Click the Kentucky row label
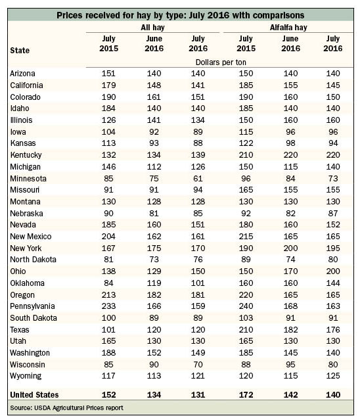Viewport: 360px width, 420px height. [26, 155]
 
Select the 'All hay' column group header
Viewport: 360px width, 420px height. [152, 28]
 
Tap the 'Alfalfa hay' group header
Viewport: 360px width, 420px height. [288, 28]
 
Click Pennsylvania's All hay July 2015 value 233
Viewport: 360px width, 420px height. [108, 306]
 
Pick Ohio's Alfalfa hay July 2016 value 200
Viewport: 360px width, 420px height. [333, 271]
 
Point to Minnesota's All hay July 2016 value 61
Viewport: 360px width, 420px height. [198, 178]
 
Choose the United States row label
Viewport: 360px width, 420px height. [34, 395]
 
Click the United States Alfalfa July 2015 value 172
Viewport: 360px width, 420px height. [246, 395]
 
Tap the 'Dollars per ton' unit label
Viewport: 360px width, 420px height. [221, 62]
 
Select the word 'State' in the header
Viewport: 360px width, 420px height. [20, 51]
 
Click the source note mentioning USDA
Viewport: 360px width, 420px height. [66, 408]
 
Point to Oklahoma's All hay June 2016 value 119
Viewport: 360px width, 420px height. [154, 283]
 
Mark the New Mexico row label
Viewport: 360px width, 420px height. [31, 237]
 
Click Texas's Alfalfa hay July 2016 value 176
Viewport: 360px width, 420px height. [333, 330]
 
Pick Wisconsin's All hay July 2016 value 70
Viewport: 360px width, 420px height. [198, 365]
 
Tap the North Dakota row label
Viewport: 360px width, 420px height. [34, 260]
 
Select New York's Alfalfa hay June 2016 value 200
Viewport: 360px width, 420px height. [290, 248]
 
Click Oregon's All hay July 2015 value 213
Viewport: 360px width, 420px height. [108, 295]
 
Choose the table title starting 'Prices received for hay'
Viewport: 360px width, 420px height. [181, 15]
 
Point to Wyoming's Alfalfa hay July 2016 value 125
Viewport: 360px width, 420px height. [333, 376]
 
